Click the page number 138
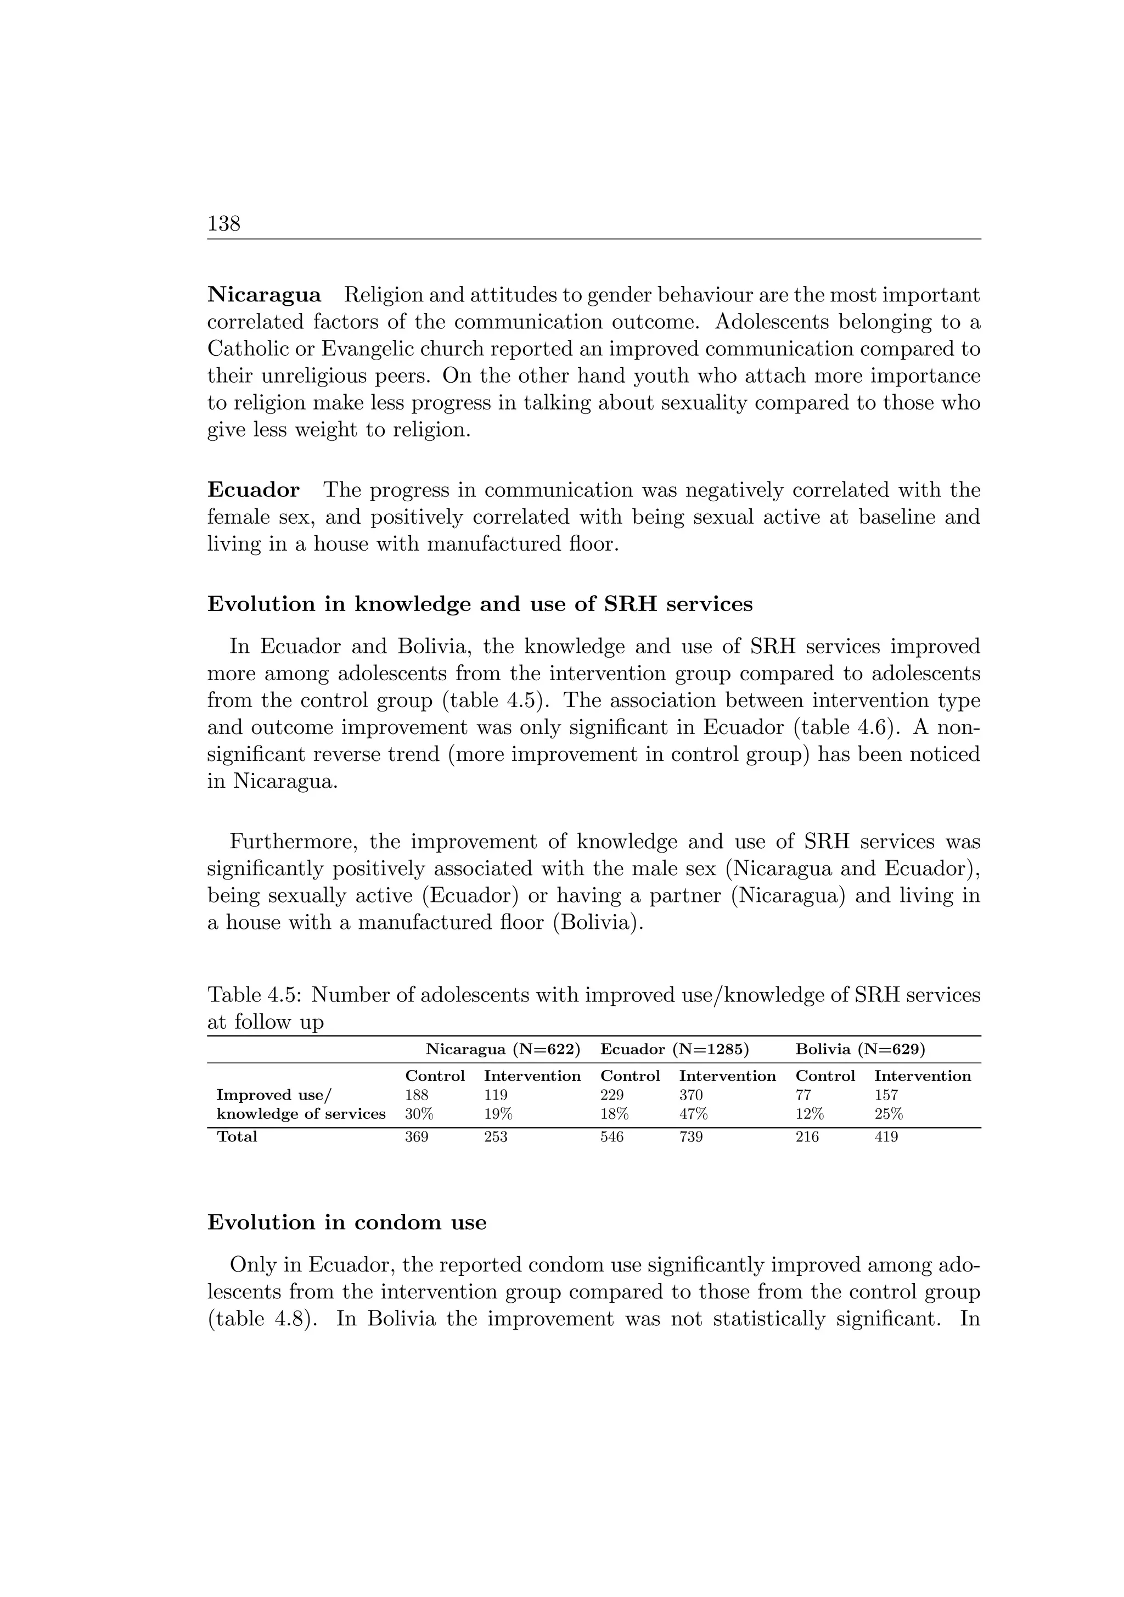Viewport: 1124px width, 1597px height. [x=223, y=224]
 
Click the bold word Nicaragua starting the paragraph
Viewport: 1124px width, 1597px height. [x=265, y=295]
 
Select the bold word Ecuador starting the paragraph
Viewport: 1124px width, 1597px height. [x=253, y=490]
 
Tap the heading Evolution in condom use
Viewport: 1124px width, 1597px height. [x=346, y=1223]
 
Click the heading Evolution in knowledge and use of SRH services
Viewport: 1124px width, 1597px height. [x=480, y=604]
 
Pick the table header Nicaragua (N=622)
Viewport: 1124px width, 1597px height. [x=502, y=1049]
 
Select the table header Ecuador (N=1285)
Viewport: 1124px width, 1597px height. [x=674, y=1049]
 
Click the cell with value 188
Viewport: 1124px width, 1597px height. [x=417, y=1095]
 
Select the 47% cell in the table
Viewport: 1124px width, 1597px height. [x=693, y=1113]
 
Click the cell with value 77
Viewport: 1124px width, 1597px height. [x=803, y=1095]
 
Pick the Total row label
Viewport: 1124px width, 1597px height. [x=237, y=1136]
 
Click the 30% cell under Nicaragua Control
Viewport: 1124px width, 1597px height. [x=419, y=1113]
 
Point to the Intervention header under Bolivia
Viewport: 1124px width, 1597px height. [x=922, y=1076]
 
